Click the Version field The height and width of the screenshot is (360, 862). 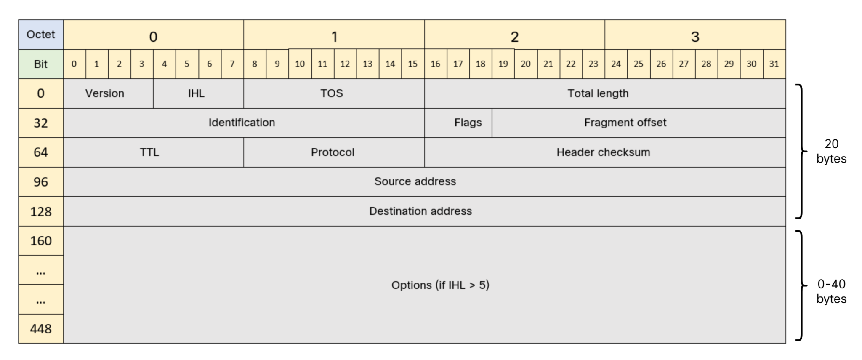click(105, 93)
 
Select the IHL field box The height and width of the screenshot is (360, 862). click(196, 93)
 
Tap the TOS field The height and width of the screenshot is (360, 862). click(332, 93)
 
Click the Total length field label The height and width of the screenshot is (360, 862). click(598, 93)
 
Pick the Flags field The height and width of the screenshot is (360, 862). click(468, 123)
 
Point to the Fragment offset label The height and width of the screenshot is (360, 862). click(625, 123)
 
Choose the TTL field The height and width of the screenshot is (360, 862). click(149, 152)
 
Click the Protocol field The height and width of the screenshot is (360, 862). click(333, 152)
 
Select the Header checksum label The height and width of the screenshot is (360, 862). click(603, 152)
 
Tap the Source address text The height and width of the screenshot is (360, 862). click(415, 181)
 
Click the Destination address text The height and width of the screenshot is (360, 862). click(420, 211)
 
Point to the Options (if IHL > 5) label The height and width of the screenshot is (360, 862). click(440, 285)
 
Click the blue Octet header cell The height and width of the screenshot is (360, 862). click(41, 35)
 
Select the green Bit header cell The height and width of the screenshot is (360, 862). click(41, 64)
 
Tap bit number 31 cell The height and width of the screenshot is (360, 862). click(774, 64)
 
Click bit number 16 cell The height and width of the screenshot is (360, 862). click(435, 64)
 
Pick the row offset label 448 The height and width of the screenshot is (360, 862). click(41, 328)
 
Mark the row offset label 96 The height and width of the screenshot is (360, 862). click(41, 182)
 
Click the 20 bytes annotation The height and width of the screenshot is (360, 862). click(831, 151)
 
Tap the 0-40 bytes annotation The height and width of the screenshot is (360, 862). click(831, 291)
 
